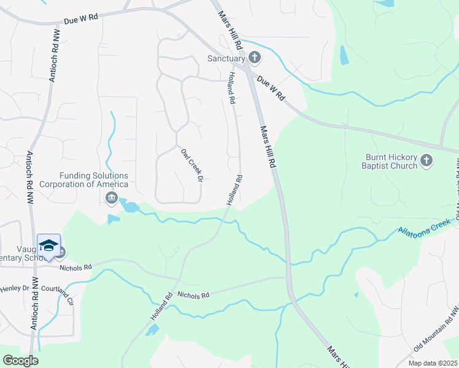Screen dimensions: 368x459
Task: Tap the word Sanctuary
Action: (x=226, y=59)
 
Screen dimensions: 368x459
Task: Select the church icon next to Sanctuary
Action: (x=255, y=59)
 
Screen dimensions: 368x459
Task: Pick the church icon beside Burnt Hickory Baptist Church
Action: (x=427, y=161)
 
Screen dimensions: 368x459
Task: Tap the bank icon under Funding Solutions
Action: (x=112, y=197)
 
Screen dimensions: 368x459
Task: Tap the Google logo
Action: (x=20, y=361)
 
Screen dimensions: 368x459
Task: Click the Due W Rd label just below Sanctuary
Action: (x=272, y=88)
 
